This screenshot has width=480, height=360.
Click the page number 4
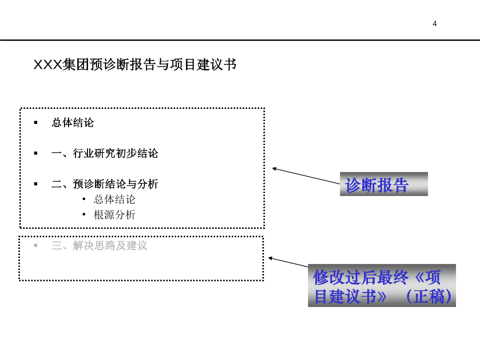[435, 24]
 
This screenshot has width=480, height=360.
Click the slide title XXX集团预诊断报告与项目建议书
[135, 64]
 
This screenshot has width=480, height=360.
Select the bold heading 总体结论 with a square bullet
[73, 122]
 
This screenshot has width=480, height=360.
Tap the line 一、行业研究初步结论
[105, 153]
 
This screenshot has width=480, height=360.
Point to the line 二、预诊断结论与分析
[105, 184]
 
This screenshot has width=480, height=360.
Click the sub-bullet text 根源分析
[115, 215]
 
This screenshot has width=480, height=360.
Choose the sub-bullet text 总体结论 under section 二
[115, 199]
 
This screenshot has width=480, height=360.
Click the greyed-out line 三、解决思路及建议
[99, 245]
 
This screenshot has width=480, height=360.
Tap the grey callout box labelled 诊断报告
[384, 184]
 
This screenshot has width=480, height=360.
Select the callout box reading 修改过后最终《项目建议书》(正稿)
[382, 285]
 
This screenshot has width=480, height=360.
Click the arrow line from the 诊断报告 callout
[306, 176]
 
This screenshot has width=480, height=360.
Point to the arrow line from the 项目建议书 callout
[288, 262]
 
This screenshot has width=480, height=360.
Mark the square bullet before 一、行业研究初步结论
[36, 153]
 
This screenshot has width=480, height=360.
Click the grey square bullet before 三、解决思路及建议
[36, 245]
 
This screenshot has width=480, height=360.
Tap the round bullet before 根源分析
[84, 214]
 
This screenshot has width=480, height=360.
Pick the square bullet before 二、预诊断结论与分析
[36, 184]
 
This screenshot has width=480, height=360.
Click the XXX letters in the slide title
[47, 65]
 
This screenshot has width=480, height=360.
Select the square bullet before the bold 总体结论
[36, 123]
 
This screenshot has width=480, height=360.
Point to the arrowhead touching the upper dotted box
[274, 169]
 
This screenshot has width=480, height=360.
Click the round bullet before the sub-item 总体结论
[84, 199]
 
